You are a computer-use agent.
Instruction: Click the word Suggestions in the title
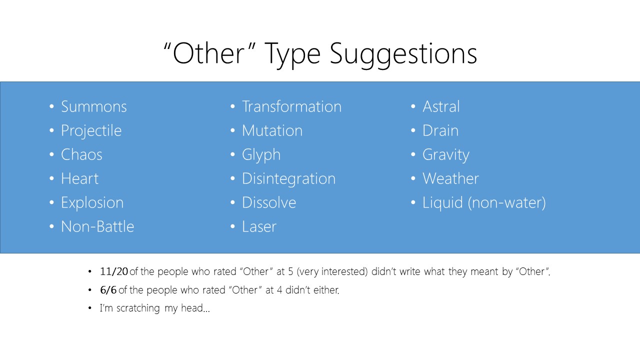pos(403,54)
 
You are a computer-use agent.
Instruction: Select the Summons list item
pos(93,106)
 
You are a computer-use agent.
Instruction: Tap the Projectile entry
pos(91,131)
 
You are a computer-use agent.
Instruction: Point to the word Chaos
pos(81,154)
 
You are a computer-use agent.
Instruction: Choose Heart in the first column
pos(79,178)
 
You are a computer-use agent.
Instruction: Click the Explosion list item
pos(92,203)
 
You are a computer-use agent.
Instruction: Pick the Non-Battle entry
pos(97,226)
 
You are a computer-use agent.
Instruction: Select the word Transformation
pos(291,106)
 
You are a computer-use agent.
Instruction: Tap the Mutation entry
pos(272,130)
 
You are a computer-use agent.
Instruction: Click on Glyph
pos(261,155)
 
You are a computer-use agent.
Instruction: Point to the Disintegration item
pos(288,179)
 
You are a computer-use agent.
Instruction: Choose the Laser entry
pos(259,226)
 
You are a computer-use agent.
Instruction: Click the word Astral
pos(441,106)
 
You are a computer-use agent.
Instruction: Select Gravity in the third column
pos(445,155)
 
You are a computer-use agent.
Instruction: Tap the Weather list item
pos(450,178)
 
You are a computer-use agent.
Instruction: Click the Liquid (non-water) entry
pos(484,203)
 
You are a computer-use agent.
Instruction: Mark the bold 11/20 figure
pos(113,271)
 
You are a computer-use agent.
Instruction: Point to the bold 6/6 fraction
pos(108,290)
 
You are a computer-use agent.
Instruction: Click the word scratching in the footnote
pos(138,308)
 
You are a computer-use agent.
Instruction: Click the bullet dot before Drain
pos(413,130)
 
